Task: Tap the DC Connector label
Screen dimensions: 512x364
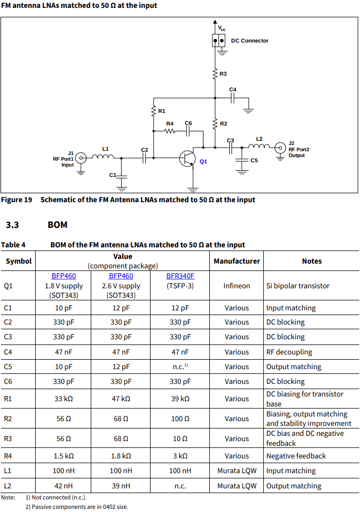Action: point(250,40)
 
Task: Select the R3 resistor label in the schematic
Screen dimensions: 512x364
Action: point(223,74)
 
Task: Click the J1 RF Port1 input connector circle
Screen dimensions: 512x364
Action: point(81,157)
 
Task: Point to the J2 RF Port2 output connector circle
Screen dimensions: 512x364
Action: point(280,147)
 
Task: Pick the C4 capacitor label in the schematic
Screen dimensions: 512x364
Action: point(233,89)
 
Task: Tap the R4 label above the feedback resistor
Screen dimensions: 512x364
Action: point(169,123)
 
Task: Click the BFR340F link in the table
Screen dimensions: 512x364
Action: point(180,276)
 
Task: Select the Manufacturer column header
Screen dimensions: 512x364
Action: point(237,261)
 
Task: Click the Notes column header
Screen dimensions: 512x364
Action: point(312,261)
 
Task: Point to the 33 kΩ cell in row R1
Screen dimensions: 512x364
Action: point(63,399)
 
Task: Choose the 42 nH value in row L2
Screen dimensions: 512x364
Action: point(63,486)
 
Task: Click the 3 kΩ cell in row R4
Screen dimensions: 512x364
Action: point(180,456)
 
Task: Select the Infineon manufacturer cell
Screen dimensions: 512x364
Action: point(237,286)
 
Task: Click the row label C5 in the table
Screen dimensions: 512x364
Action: point(8,367)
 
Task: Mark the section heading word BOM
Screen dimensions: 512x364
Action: point(57,225)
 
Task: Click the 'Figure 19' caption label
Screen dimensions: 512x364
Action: point(17,200)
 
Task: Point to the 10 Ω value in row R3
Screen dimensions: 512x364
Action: point(180,438)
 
